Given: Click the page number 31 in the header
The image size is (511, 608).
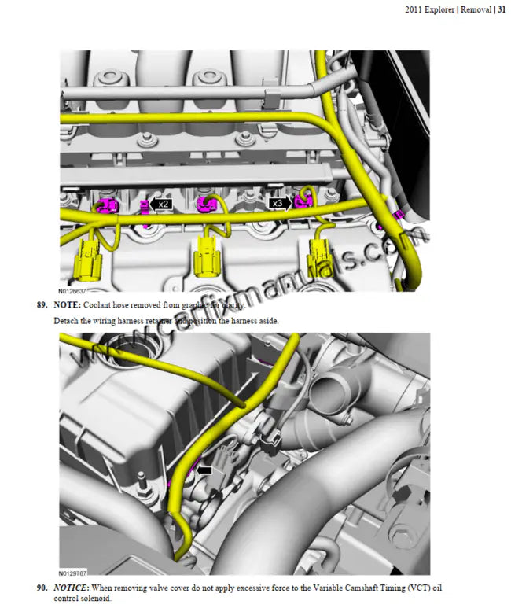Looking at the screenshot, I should tap(501, 10).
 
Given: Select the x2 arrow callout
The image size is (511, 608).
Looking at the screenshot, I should tap(160, 204).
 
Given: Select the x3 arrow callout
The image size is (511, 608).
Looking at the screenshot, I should tap(280, 203).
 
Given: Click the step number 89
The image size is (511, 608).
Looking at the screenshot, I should tap(42, 304).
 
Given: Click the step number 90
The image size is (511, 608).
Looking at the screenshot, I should tap(42, 588).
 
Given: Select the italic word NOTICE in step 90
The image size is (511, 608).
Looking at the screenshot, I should tap(71, 588).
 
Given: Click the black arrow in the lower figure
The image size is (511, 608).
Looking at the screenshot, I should tap(204, 469).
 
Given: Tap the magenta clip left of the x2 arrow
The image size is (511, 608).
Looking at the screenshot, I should tap(144, 206).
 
